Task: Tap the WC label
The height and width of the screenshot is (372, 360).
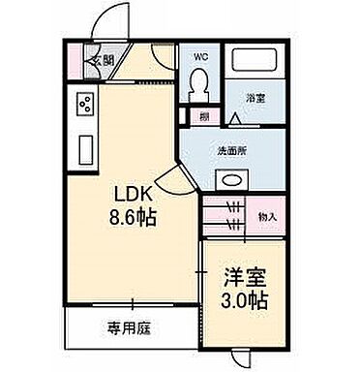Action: click(x=200, y=56)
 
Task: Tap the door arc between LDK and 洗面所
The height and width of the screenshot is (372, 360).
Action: click(x=168, y=175)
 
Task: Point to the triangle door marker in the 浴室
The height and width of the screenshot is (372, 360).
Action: click(x=238, y=117)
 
